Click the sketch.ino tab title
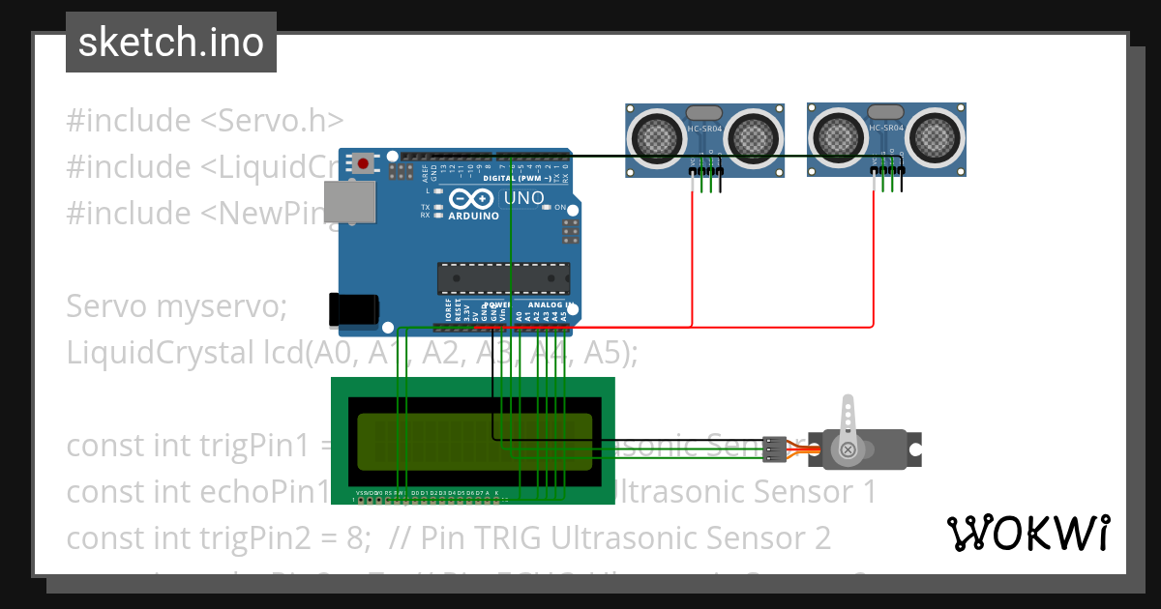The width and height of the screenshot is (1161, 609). pos(170,42)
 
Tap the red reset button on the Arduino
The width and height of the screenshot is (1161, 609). pos(363,163)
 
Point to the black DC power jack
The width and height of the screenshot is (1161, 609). pos(353,309)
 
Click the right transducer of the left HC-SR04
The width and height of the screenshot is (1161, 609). pos(752,132)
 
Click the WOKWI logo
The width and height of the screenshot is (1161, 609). pos(1027,533)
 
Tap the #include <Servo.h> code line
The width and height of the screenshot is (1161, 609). pos(205,121)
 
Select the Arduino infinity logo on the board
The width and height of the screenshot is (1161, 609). pos(474,199)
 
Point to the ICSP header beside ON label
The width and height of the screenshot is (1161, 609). pos(569,231)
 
